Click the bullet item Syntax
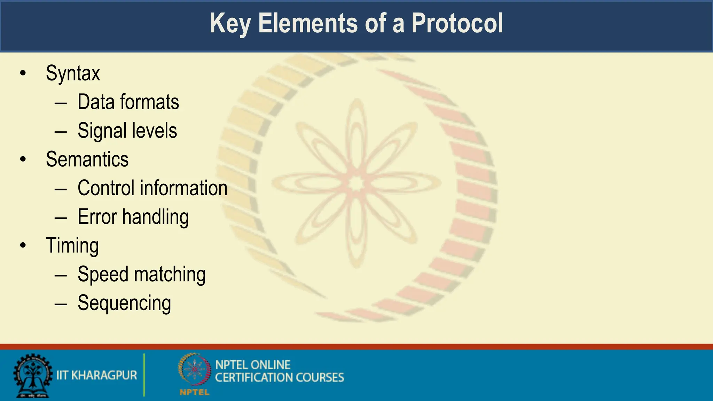click(73, 74)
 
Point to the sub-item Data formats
click(128, 102)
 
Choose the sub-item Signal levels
click(127, 131)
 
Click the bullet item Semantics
click(87, 159)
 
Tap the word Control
click(106, 188)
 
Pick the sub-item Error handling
click(133, 217)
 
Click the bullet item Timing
click(72, 246)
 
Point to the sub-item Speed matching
click(141, 275)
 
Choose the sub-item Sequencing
click(124, 303)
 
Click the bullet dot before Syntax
click(23, 73)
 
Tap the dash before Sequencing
click(61, 304)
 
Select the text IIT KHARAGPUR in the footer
click(97, 375)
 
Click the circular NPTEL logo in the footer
click(195, 370)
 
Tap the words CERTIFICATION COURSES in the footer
click(279, 378)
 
